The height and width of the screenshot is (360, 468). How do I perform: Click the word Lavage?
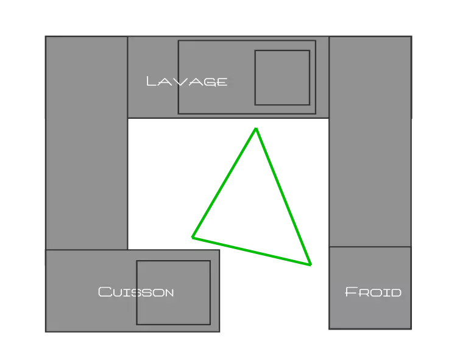coord(187,82)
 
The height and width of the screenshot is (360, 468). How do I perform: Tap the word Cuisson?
coord(136,292)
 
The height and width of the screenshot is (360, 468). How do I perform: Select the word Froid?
coord(373,292)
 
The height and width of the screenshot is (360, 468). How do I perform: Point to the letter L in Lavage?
coord(151,81)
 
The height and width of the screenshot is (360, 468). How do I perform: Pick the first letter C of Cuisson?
coord(104,292)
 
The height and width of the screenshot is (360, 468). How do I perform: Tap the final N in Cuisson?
coord(168,293)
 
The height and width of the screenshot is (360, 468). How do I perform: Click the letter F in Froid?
coord(350,292)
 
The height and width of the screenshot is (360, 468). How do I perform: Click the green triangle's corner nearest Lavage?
coord(256,129)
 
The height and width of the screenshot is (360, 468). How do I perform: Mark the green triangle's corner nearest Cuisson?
coord(193,238)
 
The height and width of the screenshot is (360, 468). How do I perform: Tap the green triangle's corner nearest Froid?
coord(311,264)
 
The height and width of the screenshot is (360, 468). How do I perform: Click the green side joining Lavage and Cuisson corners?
coord(224,183)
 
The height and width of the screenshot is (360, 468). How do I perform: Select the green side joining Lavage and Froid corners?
coord(283,197)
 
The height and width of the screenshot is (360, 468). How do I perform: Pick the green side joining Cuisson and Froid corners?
coord(252,251)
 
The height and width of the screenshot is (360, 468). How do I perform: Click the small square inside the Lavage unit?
coord(282,78)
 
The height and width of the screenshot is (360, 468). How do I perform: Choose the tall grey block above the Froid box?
coord(370,142)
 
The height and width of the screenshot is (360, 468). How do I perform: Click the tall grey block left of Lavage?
coord(87,143)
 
